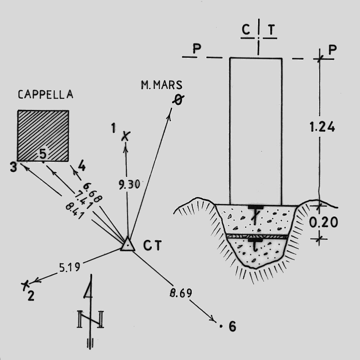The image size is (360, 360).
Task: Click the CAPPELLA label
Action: pyautogui.click(x=45, y=95)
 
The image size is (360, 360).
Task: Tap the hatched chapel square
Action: pyautogui.click(x=43, y=136)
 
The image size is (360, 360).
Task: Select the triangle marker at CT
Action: pyautogui.click(x=128, y=244)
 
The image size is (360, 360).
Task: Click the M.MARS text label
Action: pyautogui.click(x=161, y=85)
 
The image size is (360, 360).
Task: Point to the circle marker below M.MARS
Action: pyautogui.click(x=178, y=100)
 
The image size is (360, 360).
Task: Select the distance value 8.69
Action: pyautogui.click(x=181, y=293)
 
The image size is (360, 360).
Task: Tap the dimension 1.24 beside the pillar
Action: pyautogui.click(x=323, y=127)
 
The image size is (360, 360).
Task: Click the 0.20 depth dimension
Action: pyautogui.click(x=323, y=222)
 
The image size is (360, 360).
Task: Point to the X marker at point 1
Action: pyautogui.click(x=126, y=136)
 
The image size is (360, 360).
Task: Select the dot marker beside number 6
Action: pyautogui.click(x=220, y=326)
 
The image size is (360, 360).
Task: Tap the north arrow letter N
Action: pyautogui.click(x=90, y=319)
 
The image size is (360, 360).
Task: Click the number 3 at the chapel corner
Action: pyautogui.click(x=13, y=168)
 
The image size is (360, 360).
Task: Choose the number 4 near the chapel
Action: pyautogui.click(x=81, y=166)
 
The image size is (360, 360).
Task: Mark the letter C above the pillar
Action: pyautogui.click(x=247, y=30)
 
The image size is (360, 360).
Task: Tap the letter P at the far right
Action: pyautogui.click(x=332, y=49)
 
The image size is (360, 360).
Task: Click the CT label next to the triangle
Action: pyautogui.click(x=152, y=246)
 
